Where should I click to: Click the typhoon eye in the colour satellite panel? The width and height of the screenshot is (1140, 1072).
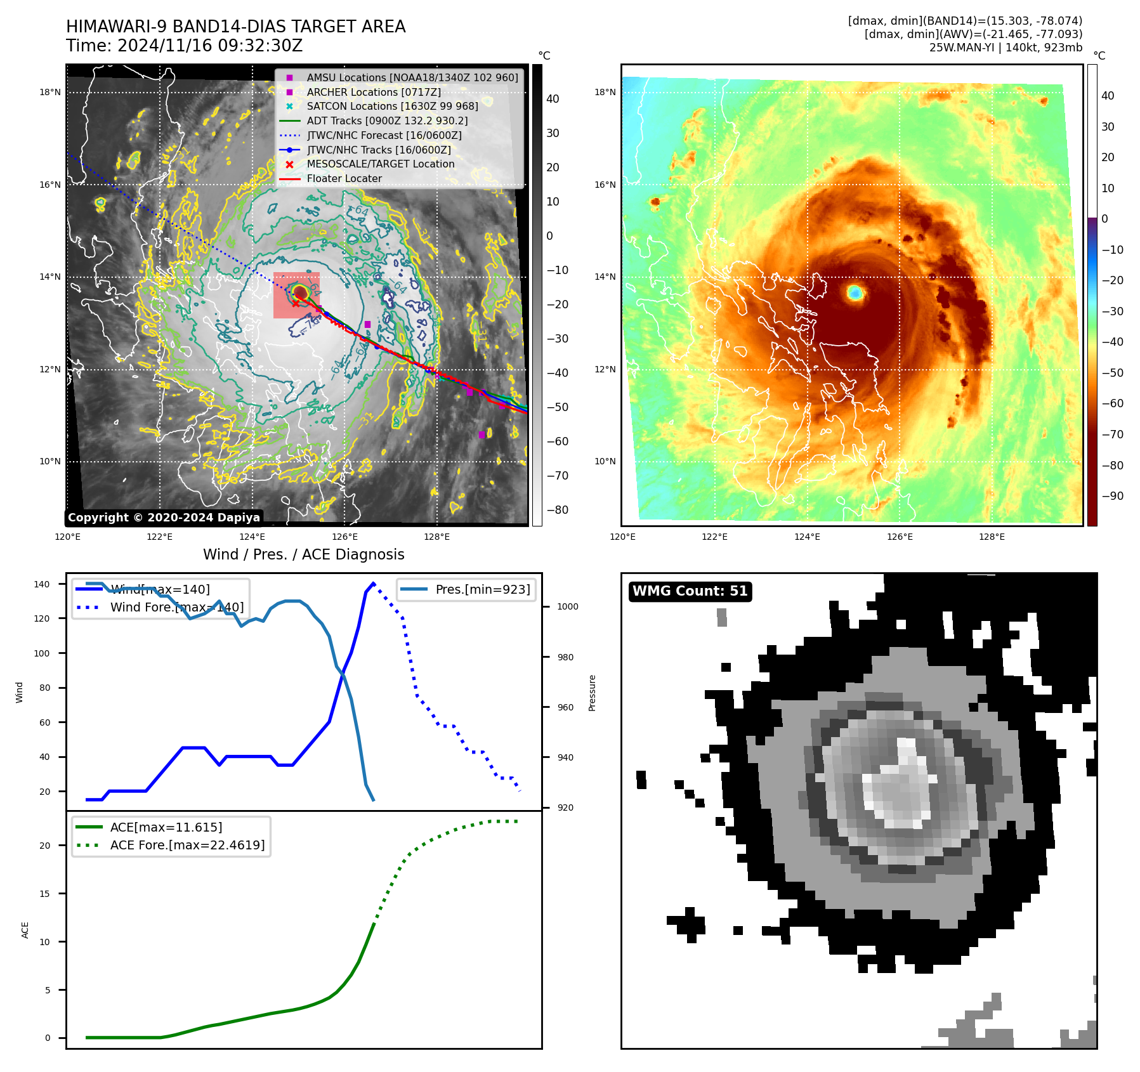click(x=855, y=292)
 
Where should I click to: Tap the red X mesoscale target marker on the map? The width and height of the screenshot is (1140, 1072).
click(x=296, y=303)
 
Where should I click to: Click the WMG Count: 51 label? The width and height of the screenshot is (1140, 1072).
click(x=690, y=591)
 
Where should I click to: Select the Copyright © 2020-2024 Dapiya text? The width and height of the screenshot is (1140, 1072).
click(x=164, y=518)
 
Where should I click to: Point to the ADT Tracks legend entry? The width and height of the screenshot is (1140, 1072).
click(x=387, y=121)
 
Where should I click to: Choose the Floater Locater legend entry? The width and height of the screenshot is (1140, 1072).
click(x=344, y=179)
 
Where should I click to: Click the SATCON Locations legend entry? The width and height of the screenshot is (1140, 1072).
click(x=392, y=107)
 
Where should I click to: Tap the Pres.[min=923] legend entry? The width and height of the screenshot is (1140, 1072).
click(x=482, y=589)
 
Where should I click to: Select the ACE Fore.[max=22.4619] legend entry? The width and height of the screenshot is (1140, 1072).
click(x=187, y=845)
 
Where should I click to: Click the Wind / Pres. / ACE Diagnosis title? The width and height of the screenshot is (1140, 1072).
click(x=303, y=554)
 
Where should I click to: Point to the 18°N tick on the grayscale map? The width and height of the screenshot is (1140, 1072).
click(x=50, y=93)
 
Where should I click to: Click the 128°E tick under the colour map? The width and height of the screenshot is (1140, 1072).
click(x=992, y=537)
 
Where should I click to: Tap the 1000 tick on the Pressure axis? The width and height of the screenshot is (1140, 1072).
click(x=568, y=607)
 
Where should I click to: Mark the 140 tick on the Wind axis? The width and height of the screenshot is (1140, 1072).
click(x=41, y=584)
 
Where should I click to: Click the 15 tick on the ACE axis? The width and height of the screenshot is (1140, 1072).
click(x=44, y=894)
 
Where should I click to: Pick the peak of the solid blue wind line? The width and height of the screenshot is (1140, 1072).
click(x=373, y=583)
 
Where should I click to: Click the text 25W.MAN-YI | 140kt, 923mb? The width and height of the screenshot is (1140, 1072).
click(x=1006, y=48)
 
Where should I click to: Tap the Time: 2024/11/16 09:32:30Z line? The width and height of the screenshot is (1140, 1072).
click(x=184, y=46)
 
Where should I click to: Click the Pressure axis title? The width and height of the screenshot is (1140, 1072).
click(x=592, y=693)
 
